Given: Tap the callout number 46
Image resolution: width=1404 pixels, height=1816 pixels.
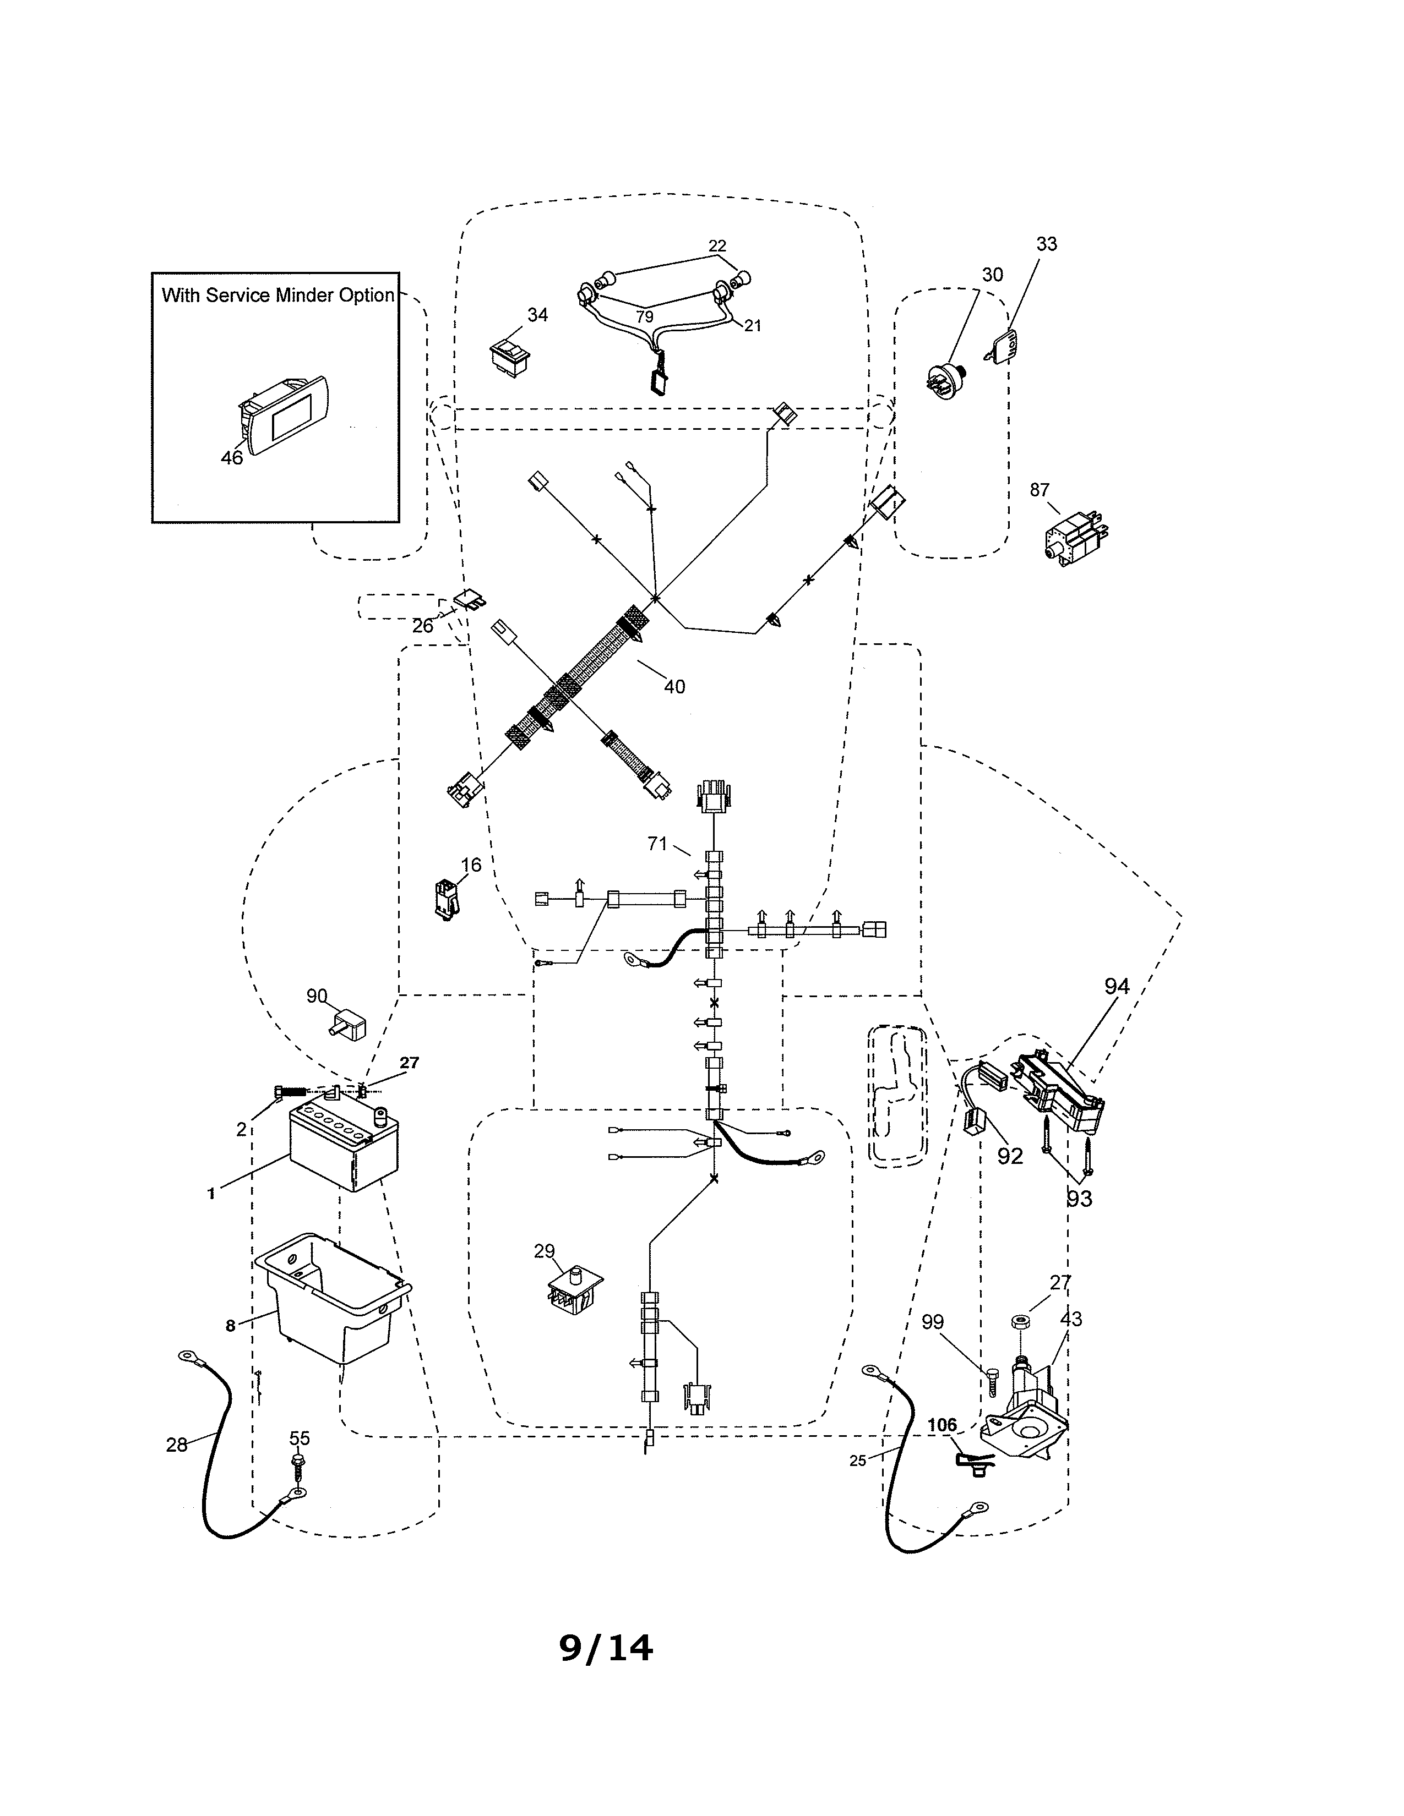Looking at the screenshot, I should click(x=231, y=457).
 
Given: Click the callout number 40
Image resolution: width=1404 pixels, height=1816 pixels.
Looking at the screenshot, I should click(x=674, y=687).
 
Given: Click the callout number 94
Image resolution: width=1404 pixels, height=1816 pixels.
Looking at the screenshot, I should click(x=1116, y=986).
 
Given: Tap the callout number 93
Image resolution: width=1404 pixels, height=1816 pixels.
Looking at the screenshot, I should click(x=1080, y=1198).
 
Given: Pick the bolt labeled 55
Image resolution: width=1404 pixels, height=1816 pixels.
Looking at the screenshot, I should click(x=298, y=1461).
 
